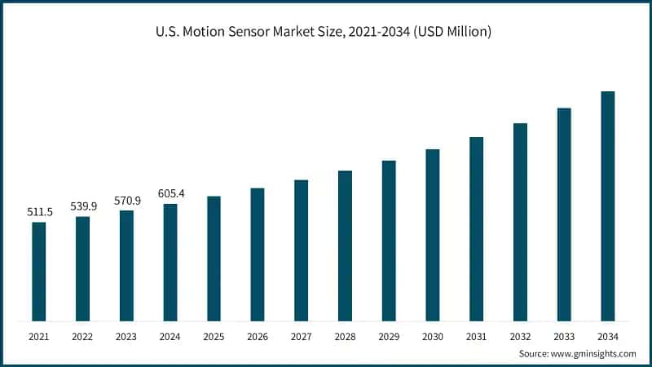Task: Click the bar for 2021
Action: pyautogui.click(x=38, y=272)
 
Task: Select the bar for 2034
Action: pyautogui.click(x=607, y=206)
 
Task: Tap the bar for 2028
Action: pyautogui.click(x=345, y=245)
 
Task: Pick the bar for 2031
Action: pyautogui.click(x=476, y=229)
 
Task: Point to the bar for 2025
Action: pyautogui.click(x=214, y=259)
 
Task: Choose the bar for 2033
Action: pyautogui.click(x=564, y=214)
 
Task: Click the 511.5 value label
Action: pyautogui.click(x=39, y=212)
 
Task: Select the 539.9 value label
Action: pyautogui.click(x=83, y=206)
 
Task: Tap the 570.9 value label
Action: pyautogui.click(x=126, y=201)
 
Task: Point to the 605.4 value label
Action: pyautogui.click(x=170, y=193)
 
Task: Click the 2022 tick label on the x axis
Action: pyautogui.click(x=82, y=336)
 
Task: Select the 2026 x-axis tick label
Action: pyautogui.click(x=258, y=336)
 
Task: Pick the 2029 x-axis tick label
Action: pyautogui.click(x=389, y=336)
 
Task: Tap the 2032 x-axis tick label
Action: pyautogui.click(x=520, y=336)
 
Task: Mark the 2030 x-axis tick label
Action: pyautogui.click(x=433, y=336)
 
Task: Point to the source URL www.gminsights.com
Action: pyautogui.click(x=593, y=354)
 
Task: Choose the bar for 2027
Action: pyautogui.click(x=301, y=250)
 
